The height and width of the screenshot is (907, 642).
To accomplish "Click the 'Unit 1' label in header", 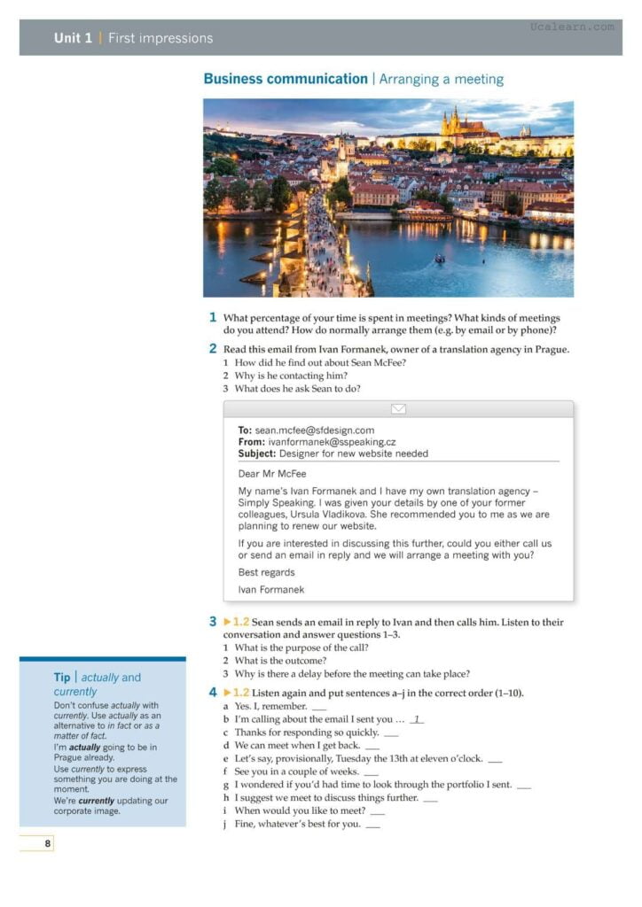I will click(x=73, y=38).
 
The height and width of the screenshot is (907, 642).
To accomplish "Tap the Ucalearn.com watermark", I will click(x=572, y=27).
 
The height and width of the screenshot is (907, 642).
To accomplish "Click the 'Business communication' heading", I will click(x=285, y=79).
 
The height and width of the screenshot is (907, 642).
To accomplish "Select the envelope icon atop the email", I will click(x=398, y=409).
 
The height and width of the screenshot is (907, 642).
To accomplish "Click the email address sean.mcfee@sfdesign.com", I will click(x=315, y=430).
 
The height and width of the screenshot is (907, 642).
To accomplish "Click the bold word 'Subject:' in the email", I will click(x=256, y=453).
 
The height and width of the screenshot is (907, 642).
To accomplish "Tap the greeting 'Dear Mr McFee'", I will click(x=272, y=474).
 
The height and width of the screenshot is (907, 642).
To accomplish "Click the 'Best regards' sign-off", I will click(x=266, y=572).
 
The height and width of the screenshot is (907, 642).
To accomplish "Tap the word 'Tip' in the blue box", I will click(x=62, y=678).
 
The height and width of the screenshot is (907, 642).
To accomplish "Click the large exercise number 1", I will click(x=213, y=317).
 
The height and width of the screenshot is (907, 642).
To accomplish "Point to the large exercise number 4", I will click(x=213, y=692).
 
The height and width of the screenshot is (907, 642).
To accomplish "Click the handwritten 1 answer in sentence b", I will click(x=415, y=719).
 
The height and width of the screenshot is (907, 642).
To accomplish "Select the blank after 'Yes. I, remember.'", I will click(x=319, y=707).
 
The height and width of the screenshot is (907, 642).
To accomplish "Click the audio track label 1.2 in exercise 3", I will click(x=241, y=622).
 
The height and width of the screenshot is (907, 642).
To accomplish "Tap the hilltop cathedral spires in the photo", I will click(x=458, y=121).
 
